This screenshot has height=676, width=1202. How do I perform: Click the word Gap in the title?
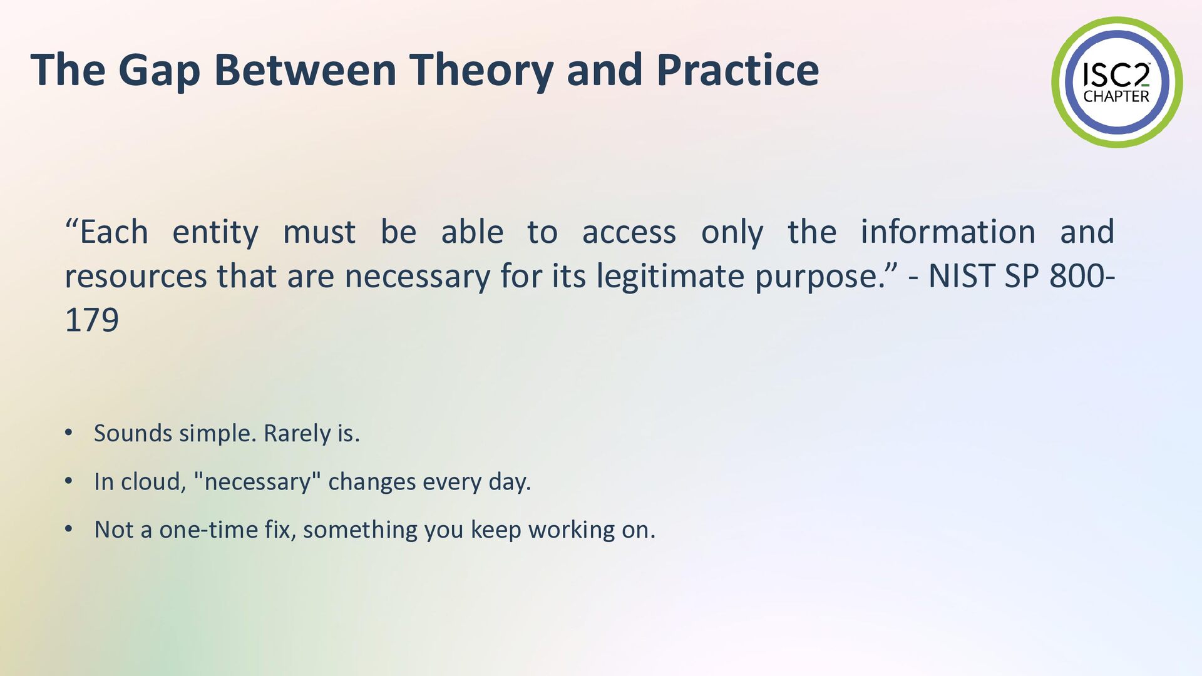pos(159,70)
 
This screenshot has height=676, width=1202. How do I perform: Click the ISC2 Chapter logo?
pos(1117,82)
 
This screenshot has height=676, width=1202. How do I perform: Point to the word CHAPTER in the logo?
pos(1117,96)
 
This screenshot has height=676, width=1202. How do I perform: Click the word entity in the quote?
pos(215,233)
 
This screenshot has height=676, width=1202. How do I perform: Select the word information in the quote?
pos(948,232)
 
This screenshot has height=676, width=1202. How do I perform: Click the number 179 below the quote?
pos(92,320)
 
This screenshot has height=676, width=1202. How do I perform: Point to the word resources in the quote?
pos(136,277)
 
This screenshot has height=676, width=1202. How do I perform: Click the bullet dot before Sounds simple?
pos(69,433)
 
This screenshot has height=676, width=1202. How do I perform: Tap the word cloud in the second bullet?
pos(153,481)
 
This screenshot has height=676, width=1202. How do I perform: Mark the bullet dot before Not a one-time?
pos(69,529)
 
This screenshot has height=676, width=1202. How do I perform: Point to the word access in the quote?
pos(629,233)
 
